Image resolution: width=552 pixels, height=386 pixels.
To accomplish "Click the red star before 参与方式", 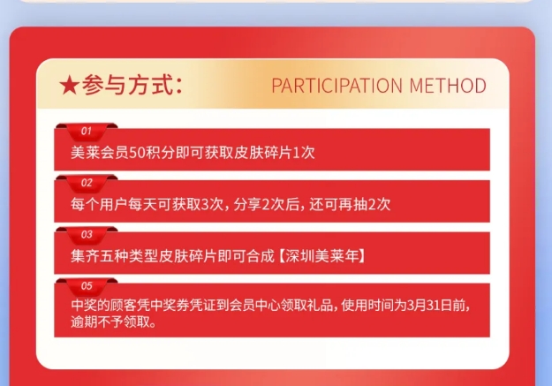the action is (69, 86).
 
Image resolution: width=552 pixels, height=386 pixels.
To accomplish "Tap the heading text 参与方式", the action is (127, 85).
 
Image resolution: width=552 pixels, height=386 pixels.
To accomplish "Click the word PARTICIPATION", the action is (336, 86).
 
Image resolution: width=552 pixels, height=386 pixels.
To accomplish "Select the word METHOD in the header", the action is (448, 86).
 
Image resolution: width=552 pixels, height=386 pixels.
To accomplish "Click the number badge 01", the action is (87, 132).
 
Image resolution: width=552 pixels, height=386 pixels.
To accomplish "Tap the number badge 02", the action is (87, 183).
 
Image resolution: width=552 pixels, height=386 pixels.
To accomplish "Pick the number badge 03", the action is (87, 235).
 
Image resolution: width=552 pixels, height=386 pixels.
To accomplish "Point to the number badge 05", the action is (87, 286).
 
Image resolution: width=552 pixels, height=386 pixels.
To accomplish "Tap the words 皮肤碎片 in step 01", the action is (262, 153).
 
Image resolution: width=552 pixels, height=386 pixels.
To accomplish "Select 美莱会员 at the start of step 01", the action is (100, 153).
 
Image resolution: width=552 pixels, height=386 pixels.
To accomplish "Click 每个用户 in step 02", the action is (99, 204).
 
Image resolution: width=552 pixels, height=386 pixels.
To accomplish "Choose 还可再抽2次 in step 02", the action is (350, 204).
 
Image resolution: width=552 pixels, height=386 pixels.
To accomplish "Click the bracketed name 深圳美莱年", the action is (322, 256).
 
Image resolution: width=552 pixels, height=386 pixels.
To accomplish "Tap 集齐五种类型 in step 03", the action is (114, 256).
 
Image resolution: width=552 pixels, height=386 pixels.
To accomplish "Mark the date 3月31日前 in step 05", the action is (435, 305).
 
